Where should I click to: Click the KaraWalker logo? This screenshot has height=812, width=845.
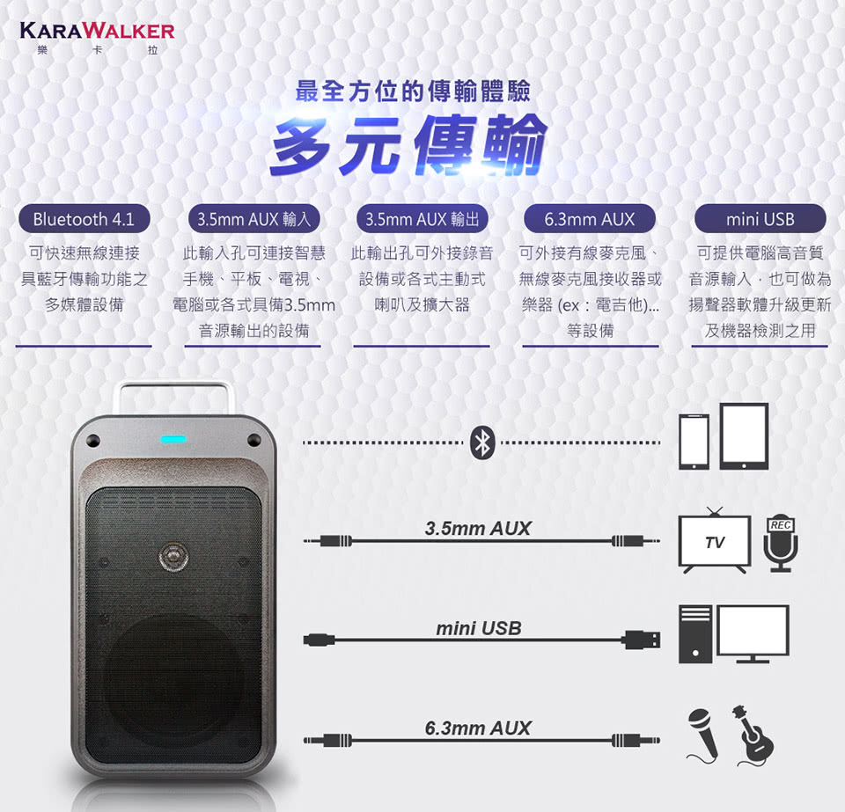click(97, 38)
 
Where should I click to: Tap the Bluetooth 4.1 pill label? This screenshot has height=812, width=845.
click(84, 219)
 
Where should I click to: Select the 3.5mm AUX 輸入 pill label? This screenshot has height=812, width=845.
click(253, 219)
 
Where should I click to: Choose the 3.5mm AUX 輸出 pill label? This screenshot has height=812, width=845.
click(422, 219)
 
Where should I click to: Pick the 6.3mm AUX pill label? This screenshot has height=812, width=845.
click(590, 219)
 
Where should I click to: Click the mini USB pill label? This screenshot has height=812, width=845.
click(760, 219)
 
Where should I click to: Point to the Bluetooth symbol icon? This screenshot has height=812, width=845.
click(482, 443)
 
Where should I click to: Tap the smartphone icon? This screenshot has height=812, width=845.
click(694, 443)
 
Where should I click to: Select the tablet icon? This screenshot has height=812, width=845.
click(745, 436)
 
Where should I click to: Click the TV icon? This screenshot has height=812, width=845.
click(715, 540)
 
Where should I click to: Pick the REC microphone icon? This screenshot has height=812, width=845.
click(781, 545)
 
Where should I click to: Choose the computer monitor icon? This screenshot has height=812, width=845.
click(753, 633)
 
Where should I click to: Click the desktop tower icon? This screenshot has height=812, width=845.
click(695, 633)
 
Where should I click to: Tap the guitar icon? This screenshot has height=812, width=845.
click(753, 735)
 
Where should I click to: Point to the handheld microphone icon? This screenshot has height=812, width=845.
click(703, 735)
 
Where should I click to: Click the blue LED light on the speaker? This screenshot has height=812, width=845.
click(173, 439)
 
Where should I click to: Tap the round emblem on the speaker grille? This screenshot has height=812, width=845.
click(173, 557)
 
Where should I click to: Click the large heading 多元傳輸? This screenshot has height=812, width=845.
click(408, 145)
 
